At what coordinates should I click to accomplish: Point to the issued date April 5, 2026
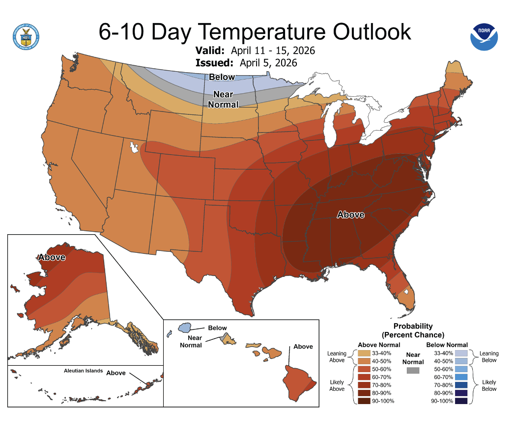click(268, 63)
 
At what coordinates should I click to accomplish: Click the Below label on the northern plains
click(222, 77)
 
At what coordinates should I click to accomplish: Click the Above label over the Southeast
click(350, 215)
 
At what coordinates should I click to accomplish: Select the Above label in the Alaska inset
click(52, 257)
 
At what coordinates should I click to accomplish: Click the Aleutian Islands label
click(84, 371)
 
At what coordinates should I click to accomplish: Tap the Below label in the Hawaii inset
click(217, 328)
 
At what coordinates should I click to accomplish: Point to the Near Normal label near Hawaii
click(191, 341)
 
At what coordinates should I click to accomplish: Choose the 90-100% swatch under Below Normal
click(461, 401)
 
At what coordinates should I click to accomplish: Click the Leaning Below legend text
click(488, 356)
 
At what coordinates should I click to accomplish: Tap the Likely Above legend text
click(337, 385)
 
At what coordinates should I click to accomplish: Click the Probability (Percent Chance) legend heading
click(413, 330)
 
